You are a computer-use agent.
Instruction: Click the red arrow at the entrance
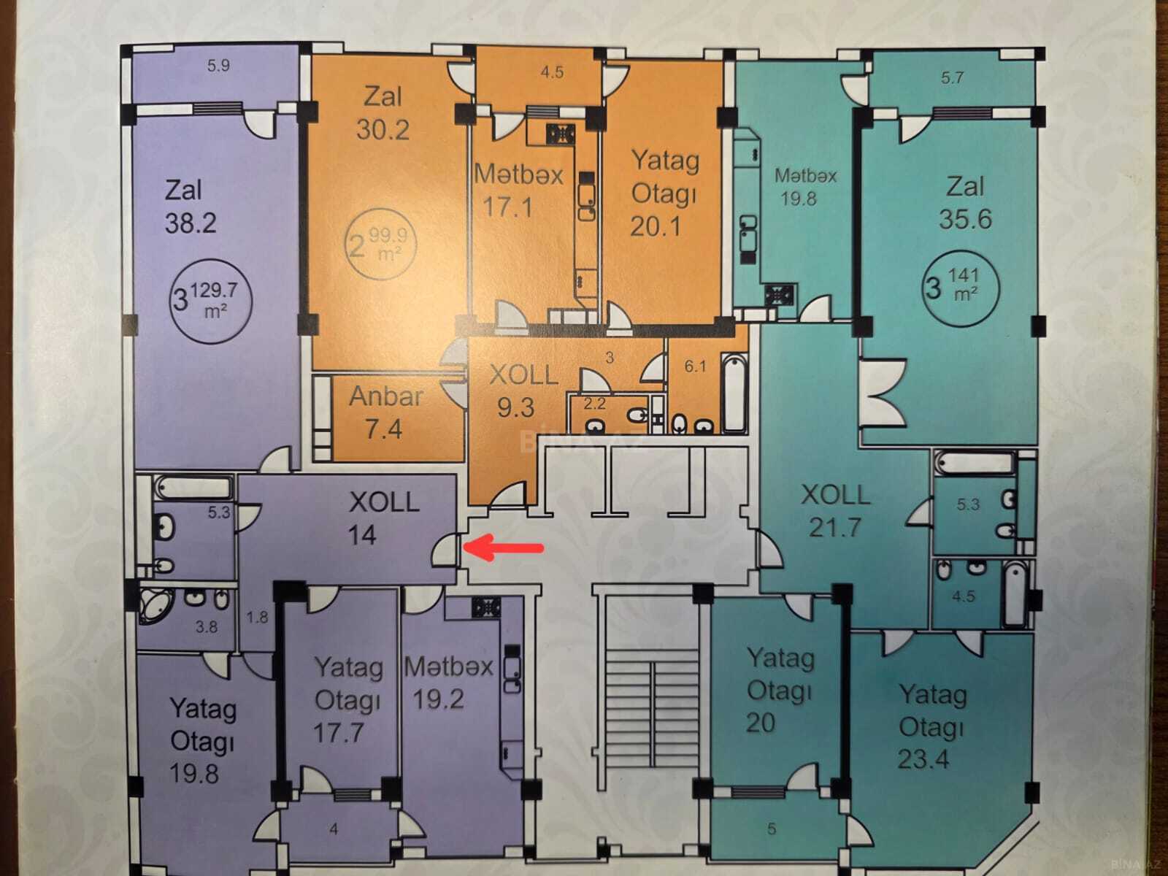[x=504, y=548]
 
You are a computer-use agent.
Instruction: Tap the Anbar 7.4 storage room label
[x=385, y=412]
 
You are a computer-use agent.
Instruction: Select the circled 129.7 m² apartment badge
[x=211, y=301]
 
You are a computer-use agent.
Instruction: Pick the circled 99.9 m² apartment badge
[x=381, y=244]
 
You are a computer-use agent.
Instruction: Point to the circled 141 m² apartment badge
[x=961, y=288]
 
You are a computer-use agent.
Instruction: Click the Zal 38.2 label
[x=191, y=207]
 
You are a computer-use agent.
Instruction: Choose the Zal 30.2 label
[x=383, y=113]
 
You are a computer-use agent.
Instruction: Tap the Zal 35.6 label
[x=965, y=203]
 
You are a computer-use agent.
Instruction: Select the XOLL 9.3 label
[x=523, y=391]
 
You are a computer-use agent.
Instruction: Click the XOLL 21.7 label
[x=835, y=511]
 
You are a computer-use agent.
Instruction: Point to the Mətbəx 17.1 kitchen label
[x=518, y=191]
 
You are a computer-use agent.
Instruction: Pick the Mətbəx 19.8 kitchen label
[x=805, y=187]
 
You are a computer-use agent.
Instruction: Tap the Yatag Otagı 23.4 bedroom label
[x=932, y=726]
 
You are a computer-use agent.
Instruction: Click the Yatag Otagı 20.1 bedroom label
[x=664, y=193]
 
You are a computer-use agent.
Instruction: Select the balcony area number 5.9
[x=218, y=66]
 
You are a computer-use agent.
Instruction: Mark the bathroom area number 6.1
[x=695, y=366]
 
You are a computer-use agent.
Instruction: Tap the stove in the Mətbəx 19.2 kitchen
[x=486, y=607]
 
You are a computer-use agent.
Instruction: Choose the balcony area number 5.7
[x=951, y=78]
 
